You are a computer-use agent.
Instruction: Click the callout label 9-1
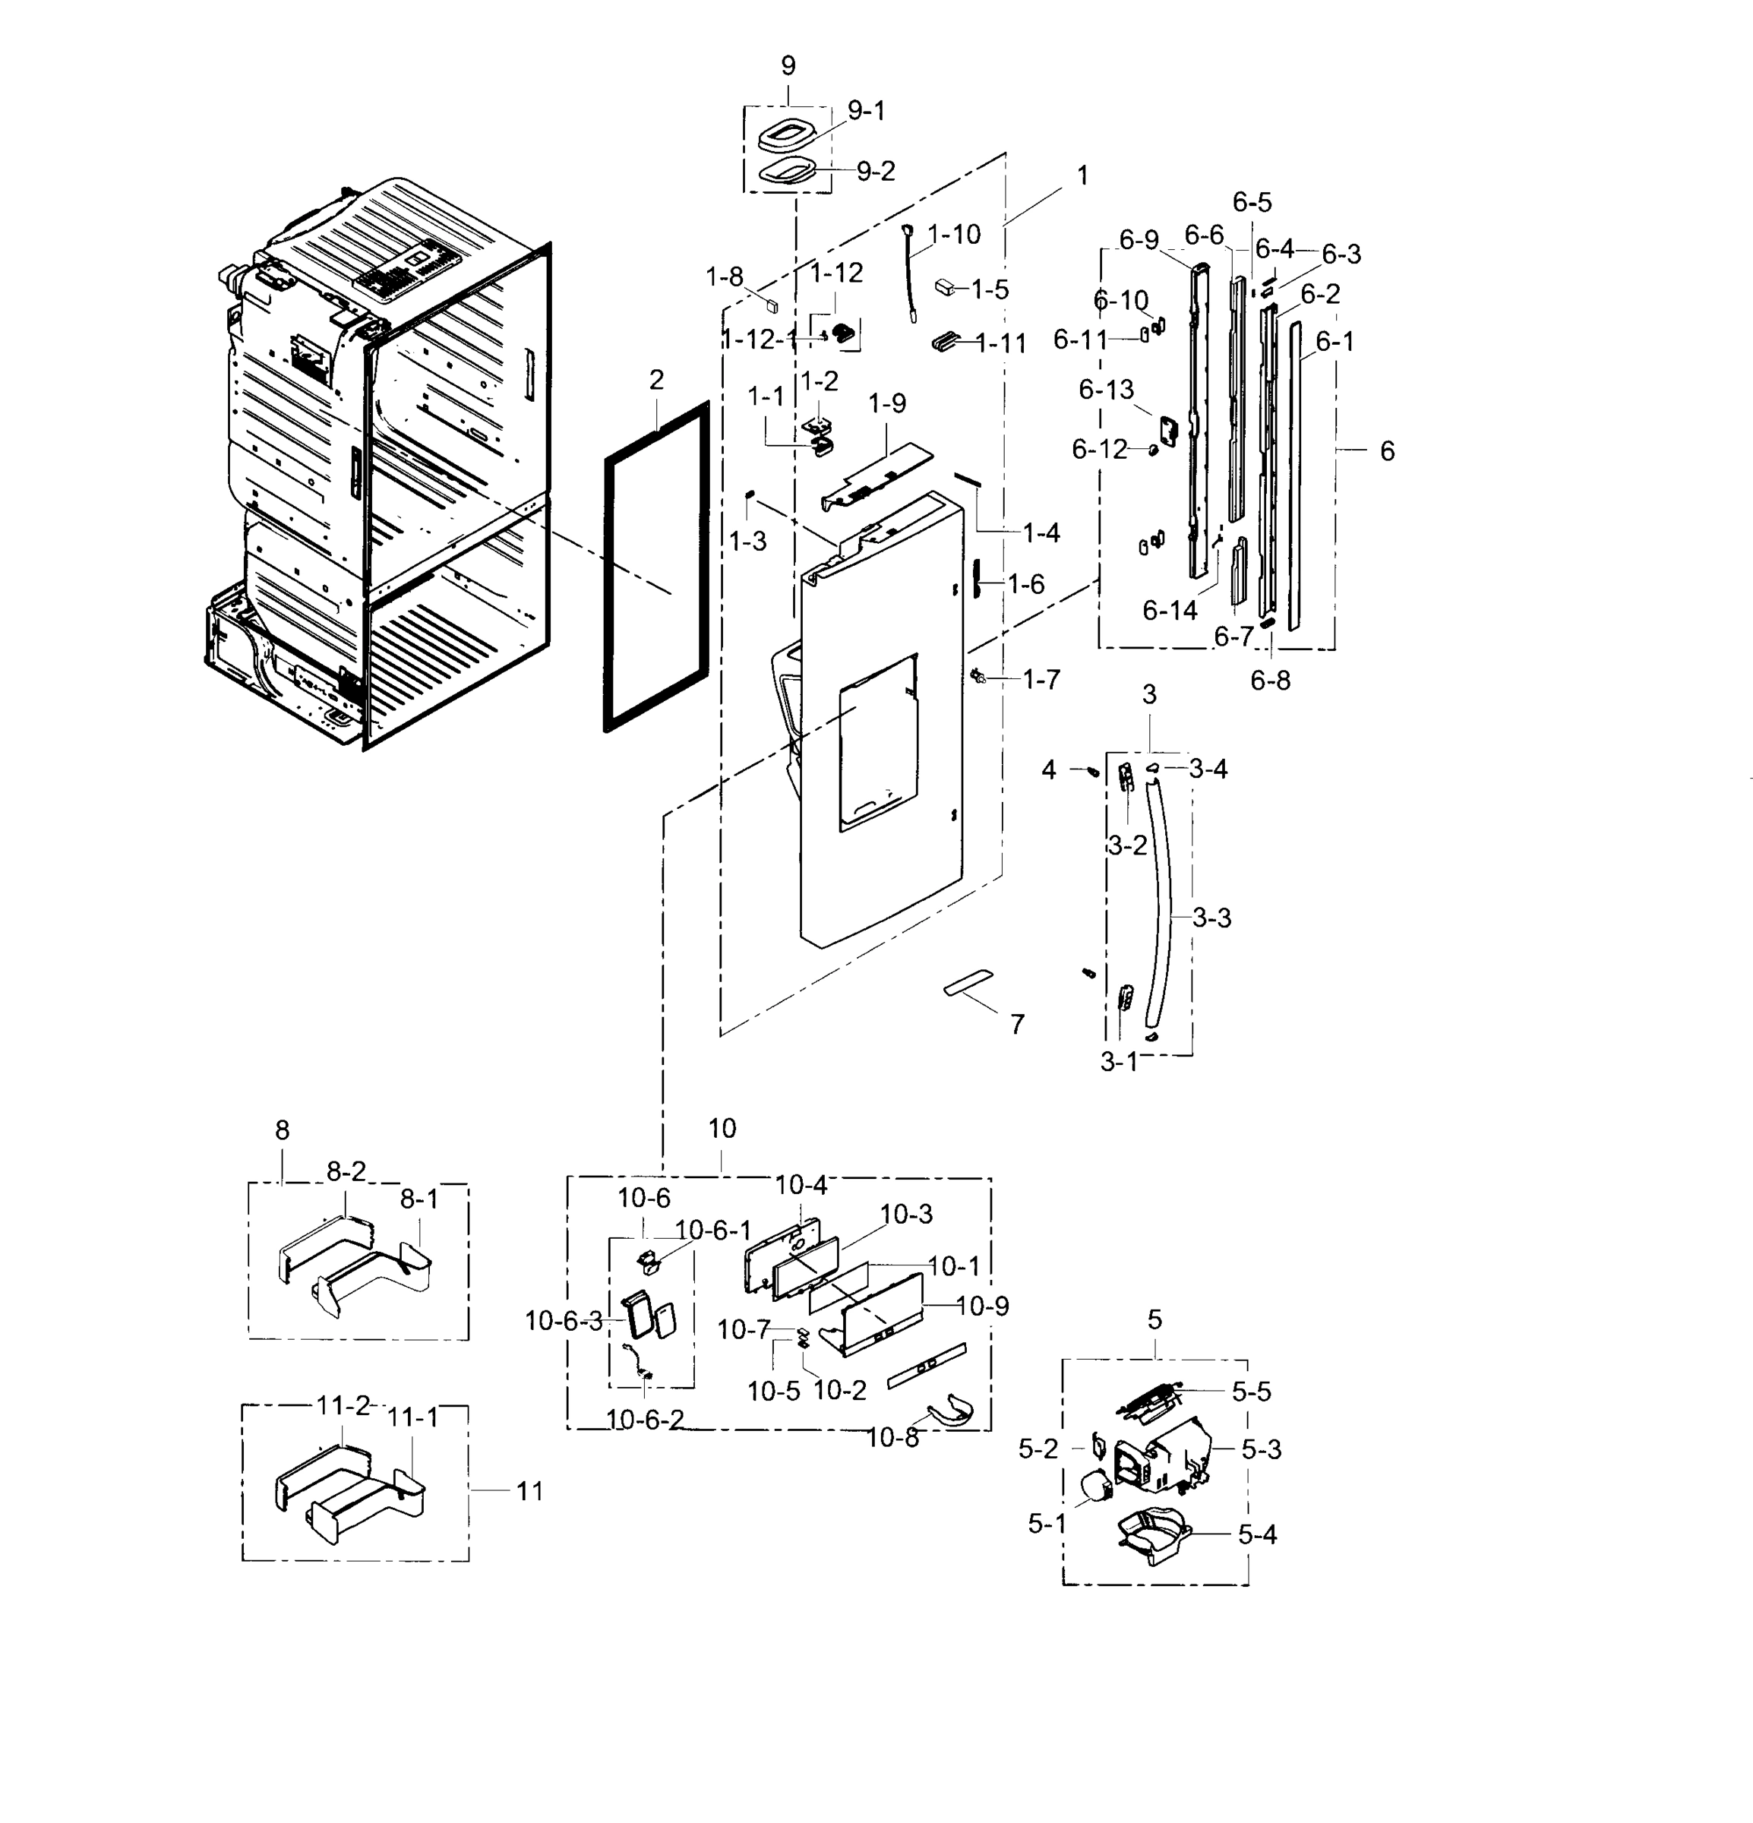866,112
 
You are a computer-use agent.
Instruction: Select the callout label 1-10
954,235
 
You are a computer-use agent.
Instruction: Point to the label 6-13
1106,390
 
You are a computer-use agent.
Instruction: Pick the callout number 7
1017,1024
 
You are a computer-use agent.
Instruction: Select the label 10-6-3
564,1321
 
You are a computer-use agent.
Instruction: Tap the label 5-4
1257,1534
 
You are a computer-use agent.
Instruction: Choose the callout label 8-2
345,1172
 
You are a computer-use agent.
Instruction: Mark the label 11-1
412,1417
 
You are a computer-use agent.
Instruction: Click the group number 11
529,1491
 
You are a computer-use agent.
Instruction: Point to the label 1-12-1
760,340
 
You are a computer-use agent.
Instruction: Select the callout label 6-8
1269,681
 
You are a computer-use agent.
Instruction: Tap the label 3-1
1119,1062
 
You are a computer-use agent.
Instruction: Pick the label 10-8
892,1438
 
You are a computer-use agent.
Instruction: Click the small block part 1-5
946,286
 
